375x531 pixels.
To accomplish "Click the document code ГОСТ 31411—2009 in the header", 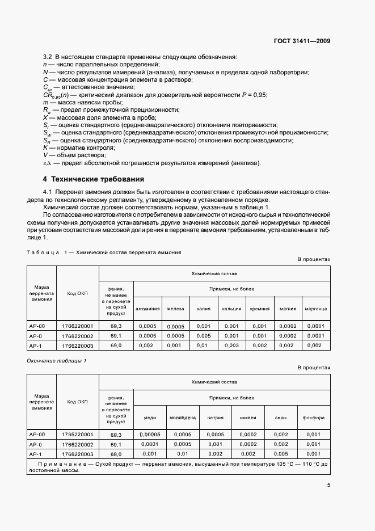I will click(302, 41).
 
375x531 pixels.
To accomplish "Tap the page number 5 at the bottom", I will click(328, 484).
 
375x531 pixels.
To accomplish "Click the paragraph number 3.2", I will click(48, 57).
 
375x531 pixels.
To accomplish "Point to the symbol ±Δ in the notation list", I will click(48, 163).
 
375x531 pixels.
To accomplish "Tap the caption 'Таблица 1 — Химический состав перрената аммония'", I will click(104, 251).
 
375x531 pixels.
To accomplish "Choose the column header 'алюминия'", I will click(147, 309).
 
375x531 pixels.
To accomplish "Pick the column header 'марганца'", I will click(316, 309).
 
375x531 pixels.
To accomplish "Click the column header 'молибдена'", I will click(183, 418).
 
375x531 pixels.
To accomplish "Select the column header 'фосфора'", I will click(314, 418).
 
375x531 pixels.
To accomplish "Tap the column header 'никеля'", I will click(248, 418).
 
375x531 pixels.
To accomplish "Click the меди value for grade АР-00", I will click(150, 435).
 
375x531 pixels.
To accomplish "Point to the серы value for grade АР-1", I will click(281, 454).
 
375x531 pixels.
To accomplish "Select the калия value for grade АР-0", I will click(203, 335).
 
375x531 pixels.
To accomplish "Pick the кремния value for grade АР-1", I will click(259, 345).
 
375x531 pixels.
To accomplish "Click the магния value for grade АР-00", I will click(288, 326).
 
